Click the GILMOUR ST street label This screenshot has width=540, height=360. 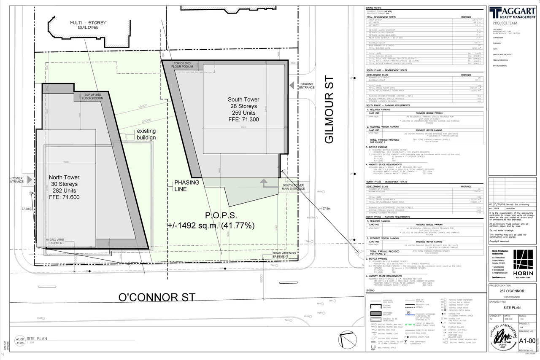click(x=330, y=110)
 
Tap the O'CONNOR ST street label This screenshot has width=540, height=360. click(x=157, y=297)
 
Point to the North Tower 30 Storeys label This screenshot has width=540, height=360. click(x=64, y=187)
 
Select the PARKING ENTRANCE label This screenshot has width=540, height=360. click(x=307, y=86)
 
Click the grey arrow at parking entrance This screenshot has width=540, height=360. click(x=292, y=86)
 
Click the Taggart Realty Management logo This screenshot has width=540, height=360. click(x=512, y=12)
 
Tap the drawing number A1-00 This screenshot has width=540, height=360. click(x=527, y=341)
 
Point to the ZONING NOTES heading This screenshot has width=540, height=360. click(x=374, y=8)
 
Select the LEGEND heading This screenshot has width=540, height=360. click(x=370, y=290)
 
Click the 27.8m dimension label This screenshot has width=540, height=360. click(x=326, y=209)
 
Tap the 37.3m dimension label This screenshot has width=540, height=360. click(x=26, y=209)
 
